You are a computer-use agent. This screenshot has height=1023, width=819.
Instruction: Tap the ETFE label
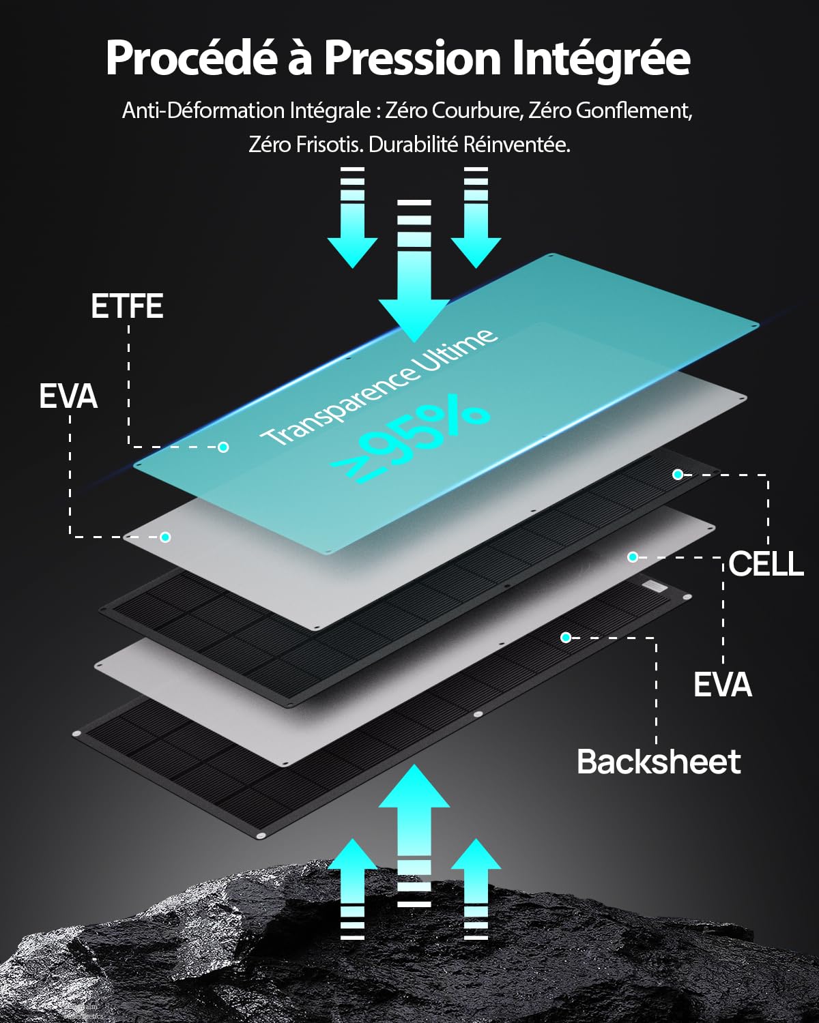(127, 306)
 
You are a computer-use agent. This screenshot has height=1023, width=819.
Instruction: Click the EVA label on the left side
(68, 397)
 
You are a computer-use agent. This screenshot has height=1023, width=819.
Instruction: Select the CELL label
(766, 564)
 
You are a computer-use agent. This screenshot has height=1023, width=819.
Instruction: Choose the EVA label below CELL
(722, 685)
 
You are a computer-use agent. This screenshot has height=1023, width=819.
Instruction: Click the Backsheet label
(659, 762)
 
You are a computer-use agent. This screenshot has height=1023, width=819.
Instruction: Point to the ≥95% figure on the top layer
(409, 443)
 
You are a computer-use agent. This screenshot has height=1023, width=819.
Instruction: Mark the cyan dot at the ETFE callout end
(223, 447)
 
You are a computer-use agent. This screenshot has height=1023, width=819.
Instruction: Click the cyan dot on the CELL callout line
(678, 474)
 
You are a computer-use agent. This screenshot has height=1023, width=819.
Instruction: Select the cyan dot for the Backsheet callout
(566, 638)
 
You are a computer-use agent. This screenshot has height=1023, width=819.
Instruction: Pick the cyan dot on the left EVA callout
(165, 537)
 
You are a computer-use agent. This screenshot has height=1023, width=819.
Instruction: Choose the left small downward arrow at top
(352, 218)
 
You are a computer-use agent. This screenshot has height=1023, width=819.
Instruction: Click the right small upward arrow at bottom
(476, 887)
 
